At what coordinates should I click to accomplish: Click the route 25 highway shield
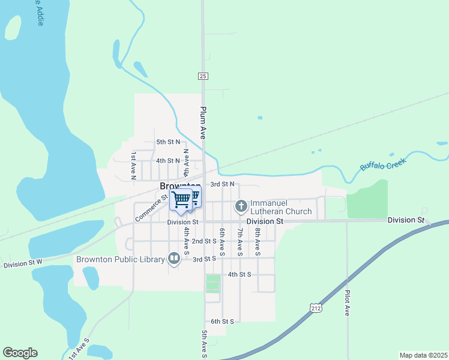point(203,76)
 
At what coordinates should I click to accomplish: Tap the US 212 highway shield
point(316,308)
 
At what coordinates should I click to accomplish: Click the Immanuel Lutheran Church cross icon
point(241,207)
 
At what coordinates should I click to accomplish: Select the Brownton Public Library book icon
point(174,259)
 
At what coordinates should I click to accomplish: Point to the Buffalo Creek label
point(383,163)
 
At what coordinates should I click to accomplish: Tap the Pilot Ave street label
point(348,303)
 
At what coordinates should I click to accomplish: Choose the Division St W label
point(23,263)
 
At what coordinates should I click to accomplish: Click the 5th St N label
point(168,142)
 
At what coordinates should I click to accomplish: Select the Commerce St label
point(151,207)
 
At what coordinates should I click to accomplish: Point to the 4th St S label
point(240,274)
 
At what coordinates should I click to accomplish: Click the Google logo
point(20,353)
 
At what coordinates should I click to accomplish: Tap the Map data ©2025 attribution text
point(423,355)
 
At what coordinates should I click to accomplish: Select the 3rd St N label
point(221,184)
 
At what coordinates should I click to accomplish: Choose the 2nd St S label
point(203,241)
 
